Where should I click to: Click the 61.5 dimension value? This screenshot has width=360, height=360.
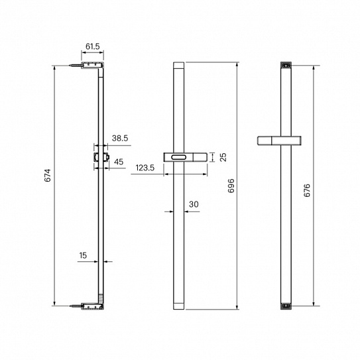[93, 46]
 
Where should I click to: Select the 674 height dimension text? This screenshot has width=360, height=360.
[48, 176]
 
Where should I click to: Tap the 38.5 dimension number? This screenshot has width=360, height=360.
[120, 138]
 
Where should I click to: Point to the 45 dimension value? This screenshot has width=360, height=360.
[119, 162]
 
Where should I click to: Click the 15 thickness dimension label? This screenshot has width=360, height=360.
[83, 255]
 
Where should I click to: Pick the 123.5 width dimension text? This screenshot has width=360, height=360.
[145, 168]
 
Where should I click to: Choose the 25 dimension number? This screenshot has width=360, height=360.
[223, 157]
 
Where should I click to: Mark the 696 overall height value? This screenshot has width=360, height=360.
[231, 186]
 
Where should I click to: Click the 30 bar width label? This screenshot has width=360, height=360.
[194, 204]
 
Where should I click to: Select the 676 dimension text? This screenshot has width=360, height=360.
[307, 190]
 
